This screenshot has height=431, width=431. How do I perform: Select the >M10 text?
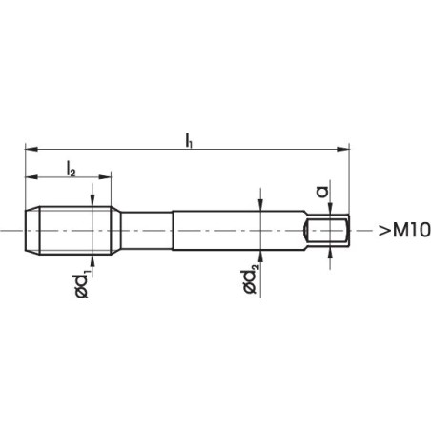point(397,231)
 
